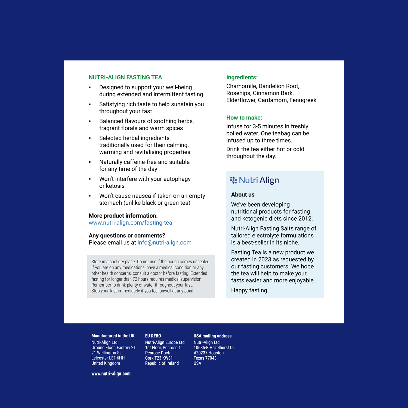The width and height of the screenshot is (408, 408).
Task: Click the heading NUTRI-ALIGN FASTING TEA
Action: click(x=125, y=78)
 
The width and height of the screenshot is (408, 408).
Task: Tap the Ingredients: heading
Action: click(x=242, y=78)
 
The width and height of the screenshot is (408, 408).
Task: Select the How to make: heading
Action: click(x=244, y=118)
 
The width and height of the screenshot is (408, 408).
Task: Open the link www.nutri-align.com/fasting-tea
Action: click(x=130, y=223)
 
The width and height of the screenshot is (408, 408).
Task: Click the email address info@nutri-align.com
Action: click(x=164, y=243)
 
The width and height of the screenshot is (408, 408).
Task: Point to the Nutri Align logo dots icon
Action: click(x=233, y=180)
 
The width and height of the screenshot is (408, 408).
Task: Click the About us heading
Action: click(x=243, y=195)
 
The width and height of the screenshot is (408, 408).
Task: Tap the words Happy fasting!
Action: click(x=250, y=290)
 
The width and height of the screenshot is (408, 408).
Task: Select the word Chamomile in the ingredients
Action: click(x=241, y=86)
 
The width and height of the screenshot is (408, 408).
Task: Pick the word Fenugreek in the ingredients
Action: click(x=303, y=100)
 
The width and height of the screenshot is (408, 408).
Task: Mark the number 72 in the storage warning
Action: click(x=135, y=279)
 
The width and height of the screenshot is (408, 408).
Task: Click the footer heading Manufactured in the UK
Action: click(x=113, y=336)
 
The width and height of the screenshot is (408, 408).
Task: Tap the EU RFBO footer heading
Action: click(x=153, y=336)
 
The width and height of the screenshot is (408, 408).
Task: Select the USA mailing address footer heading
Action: click(x=212, y=336)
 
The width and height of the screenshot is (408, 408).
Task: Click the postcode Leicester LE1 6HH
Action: click(x=108, y=358)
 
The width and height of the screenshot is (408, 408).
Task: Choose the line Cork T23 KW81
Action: click(x=159, y=358)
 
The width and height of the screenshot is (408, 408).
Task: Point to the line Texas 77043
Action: click(x=205, y=358)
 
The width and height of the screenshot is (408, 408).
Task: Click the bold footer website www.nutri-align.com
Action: click(x=111, y=374)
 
